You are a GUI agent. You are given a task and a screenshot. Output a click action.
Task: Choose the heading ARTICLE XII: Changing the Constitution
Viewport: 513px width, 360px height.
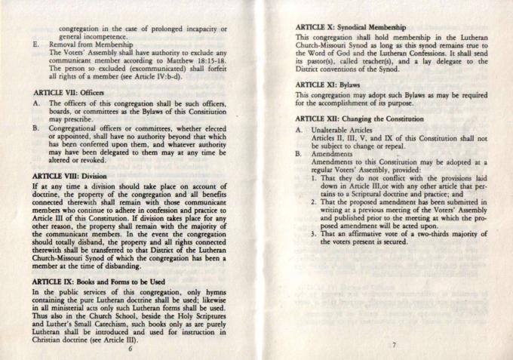tap(360, 118)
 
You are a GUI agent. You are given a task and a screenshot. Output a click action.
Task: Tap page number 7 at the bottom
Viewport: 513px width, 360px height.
tap(394, 344)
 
